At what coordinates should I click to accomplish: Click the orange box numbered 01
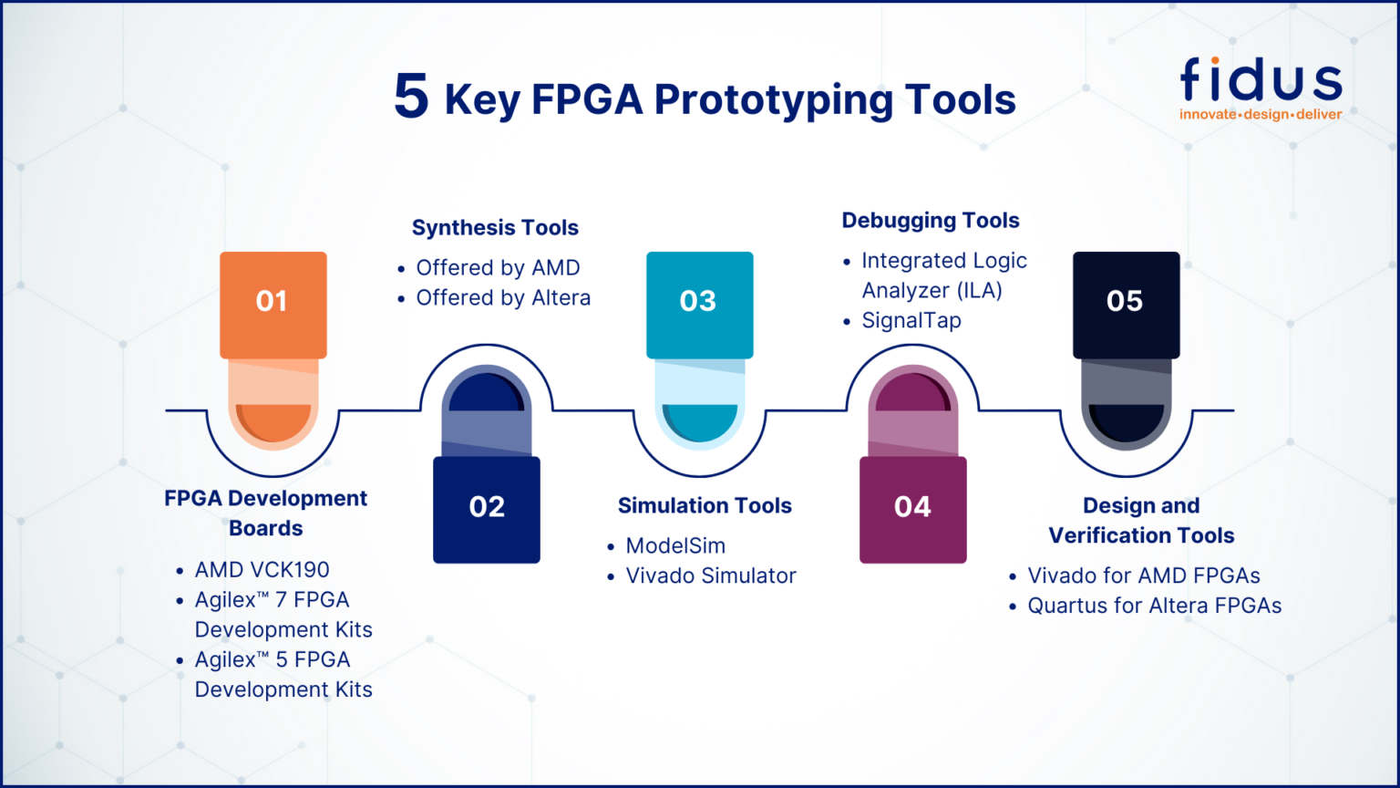[x=273, y=304]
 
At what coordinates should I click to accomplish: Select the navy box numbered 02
[x=486, y=509]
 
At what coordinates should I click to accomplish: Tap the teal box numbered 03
[x=699, y=304]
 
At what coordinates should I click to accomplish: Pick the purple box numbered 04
[x=912, y=509]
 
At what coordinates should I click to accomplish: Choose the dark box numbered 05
[x=1126, y=304]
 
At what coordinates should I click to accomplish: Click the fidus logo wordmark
[x=1261, y=79]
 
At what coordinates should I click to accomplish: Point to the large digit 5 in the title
[x=411, y=97]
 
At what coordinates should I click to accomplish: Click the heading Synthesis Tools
[x=495, y=228]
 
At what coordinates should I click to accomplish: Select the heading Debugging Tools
[x=931, y=221]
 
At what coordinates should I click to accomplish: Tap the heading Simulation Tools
[x=705, y=506]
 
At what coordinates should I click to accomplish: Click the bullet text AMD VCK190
[x=262, y=570]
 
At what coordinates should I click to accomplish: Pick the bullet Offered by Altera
[x=503, y=298]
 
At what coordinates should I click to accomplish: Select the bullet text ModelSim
[x=675, y=546]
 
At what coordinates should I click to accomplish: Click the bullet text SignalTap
[x=911, y=321]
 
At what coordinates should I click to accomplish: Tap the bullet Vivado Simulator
[x=711, y=576]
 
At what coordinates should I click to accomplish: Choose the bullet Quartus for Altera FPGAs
[x=1154, y=607]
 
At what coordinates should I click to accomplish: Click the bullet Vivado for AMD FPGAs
[x=1144, y=576]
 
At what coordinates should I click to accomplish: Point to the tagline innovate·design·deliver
[x=1261, y=115]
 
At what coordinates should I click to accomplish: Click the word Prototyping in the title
[x=773, y=100]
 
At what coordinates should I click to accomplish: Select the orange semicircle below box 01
[x=273, y=420]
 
